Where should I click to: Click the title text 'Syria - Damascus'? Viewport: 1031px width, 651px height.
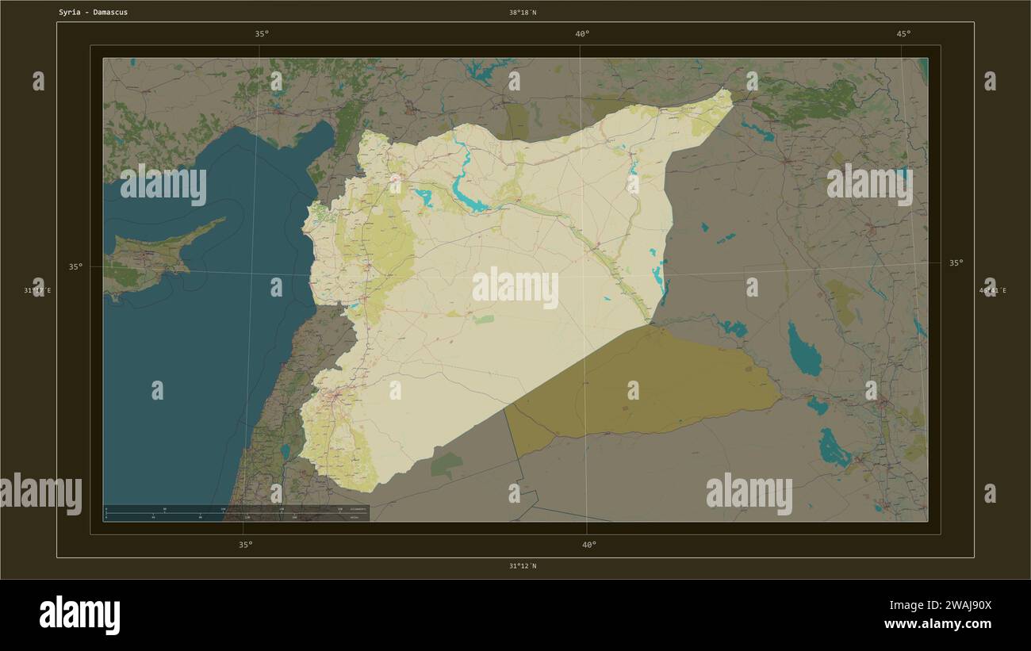point(93,13)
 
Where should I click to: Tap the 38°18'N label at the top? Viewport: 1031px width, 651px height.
point(523,13)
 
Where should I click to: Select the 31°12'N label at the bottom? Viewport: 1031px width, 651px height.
point(523,566)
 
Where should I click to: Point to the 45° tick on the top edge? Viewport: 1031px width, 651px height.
point(903,34)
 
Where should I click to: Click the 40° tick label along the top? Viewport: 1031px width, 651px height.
point(582,34)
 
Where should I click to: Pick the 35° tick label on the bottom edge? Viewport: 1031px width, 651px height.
point(246,545)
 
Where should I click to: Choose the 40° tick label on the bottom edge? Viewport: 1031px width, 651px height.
point(588,545)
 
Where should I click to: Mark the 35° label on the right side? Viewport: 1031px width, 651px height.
point(956,262)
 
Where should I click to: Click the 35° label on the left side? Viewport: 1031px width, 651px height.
point(75,267)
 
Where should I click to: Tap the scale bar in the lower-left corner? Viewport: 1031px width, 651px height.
point(236,513)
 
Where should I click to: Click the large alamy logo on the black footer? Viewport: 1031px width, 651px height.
point(79,615)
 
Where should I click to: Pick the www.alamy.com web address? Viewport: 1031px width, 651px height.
point(937,624)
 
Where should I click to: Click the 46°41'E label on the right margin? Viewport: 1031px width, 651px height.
point(993,291)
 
